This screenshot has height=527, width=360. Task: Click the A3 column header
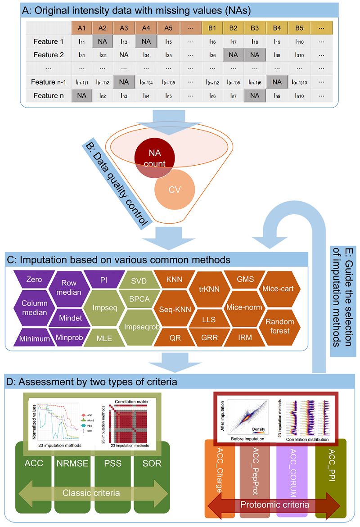124,28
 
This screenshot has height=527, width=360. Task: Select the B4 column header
277,28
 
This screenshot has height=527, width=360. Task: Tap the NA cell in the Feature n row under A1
82,95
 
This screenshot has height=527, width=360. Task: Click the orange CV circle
174,189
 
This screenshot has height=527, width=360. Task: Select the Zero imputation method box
34,279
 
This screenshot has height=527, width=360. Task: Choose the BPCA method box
139,299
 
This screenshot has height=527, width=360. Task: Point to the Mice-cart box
279,288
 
